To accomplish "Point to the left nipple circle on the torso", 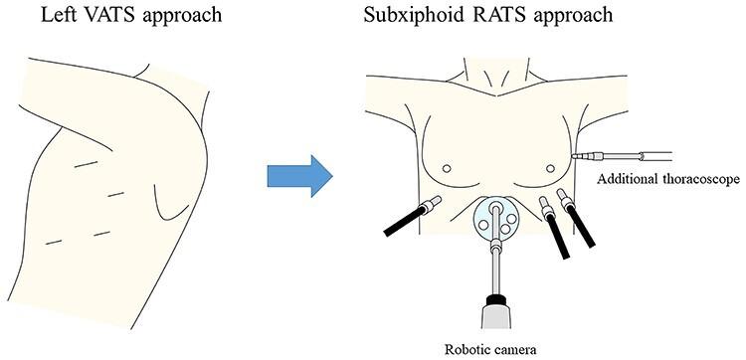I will coord(447,166).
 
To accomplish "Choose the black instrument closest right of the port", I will coord(550,227).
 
